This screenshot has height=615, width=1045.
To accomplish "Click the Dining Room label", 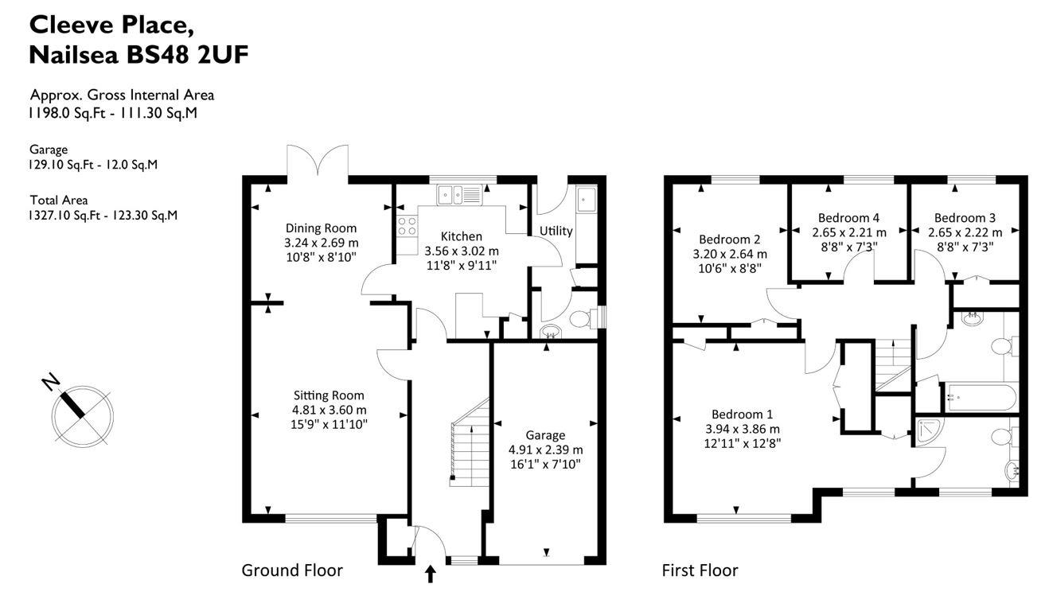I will [x=321, y=228].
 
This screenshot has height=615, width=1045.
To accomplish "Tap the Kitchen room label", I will [x=461, y=236].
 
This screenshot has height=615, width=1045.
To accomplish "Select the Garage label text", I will [x=545, y=435].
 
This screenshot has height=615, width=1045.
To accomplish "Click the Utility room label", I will [x=556, y=231].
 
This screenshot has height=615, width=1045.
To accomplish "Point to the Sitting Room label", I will [x=329, y=395].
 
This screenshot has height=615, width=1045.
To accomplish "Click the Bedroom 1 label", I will [x=742, y=415].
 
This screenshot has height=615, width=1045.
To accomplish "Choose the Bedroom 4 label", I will [x=848, y=218].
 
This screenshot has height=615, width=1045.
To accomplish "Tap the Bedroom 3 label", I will [x=965, y=218].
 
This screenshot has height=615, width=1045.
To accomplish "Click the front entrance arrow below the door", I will [x=431, y=574].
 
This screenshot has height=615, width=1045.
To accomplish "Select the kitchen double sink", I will [x=458, y=193].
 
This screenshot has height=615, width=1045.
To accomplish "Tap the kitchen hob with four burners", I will [x=407, y=227].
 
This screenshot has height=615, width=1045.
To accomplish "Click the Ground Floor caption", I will [x=292, y=570].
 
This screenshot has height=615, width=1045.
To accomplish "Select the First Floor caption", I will [x=700, y=570].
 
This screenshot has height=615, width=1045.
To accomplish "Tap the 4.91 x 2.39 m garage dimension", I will [x=545, y=449].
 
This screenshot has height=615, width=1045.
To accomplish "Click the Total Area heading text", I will [x=59, y=200].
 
